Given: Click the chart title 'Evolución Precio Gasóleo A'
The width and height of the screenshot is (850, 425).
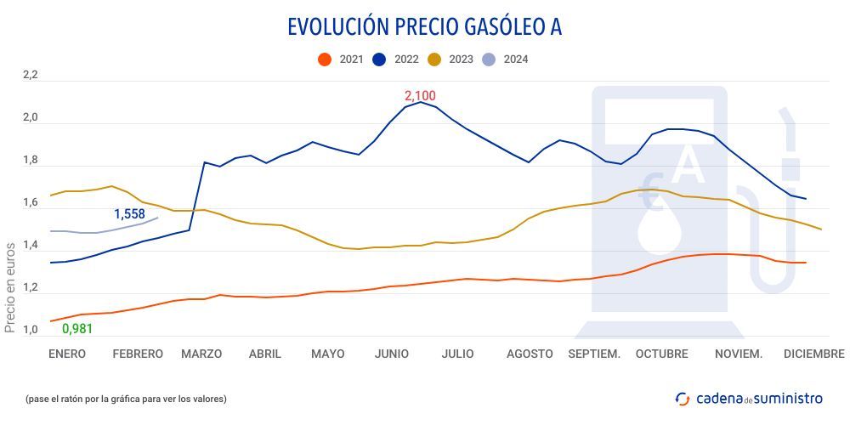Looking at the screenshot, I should pyautogui.click(x=424, y=27).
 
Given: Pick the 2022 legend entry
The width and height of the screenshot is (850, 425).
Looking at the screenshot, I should pyautogui.click(x=396, y=59).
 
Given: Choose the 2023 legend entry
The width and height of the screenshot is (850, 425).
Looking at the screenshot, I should pyautogui.click(x=450, y=59).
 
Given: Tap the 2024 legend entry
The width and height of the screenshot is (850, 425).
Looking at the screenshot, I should pyautogui.click(x=506, y=59).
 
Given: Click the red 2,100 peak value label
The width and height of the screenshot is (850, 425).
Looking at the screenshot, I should pyautogui.click(x=420, y=95).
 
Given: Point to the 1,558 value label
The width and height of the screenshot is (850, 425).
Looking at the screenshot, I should pyautogui.click(x=130, y=214).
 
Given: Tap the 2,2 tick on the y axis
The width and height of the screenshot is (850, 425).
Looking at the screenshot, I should pyautogui.click(x=31, y=76).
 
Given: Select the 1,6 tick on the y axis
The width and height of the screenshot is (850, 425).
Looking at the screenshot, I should pyautogui.click(x=31, y=203).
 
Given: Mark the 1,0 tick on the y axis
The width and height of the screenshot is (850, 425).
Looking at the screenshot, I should pyautogui.click(x=31, y=331).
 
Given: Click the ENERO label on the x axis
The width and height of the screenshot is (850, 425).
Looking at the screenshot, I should pyautogui.click(x=67, y=354).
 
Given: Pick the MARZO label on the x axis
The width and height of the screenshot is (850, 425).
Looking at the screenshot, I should pyautogui.click(x=201, y=354).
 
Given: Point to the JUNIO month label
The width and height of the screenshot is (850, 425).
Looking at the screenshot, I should pyautogui.click(x=392, y=354).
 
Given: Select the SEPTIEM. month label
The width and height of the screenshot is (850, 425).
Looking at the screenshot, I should pyautogui.click(x=594, y=354).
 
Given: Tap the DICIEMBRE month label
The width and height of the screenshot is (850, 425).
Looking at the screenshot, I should pyautogui.click(x=813, y=354).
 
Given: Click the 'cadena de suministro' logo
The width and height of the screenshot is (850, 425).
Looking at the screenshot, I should pyautogui.click(x=749, y=398).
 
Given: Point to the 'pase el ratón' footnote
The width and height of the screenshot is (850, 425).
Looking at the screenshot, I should pyautogui.click(x=127, y=398).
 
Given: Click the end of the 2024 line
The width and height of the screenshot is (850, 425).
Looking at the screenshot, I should pyautogui.click(x=158, y=218).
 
